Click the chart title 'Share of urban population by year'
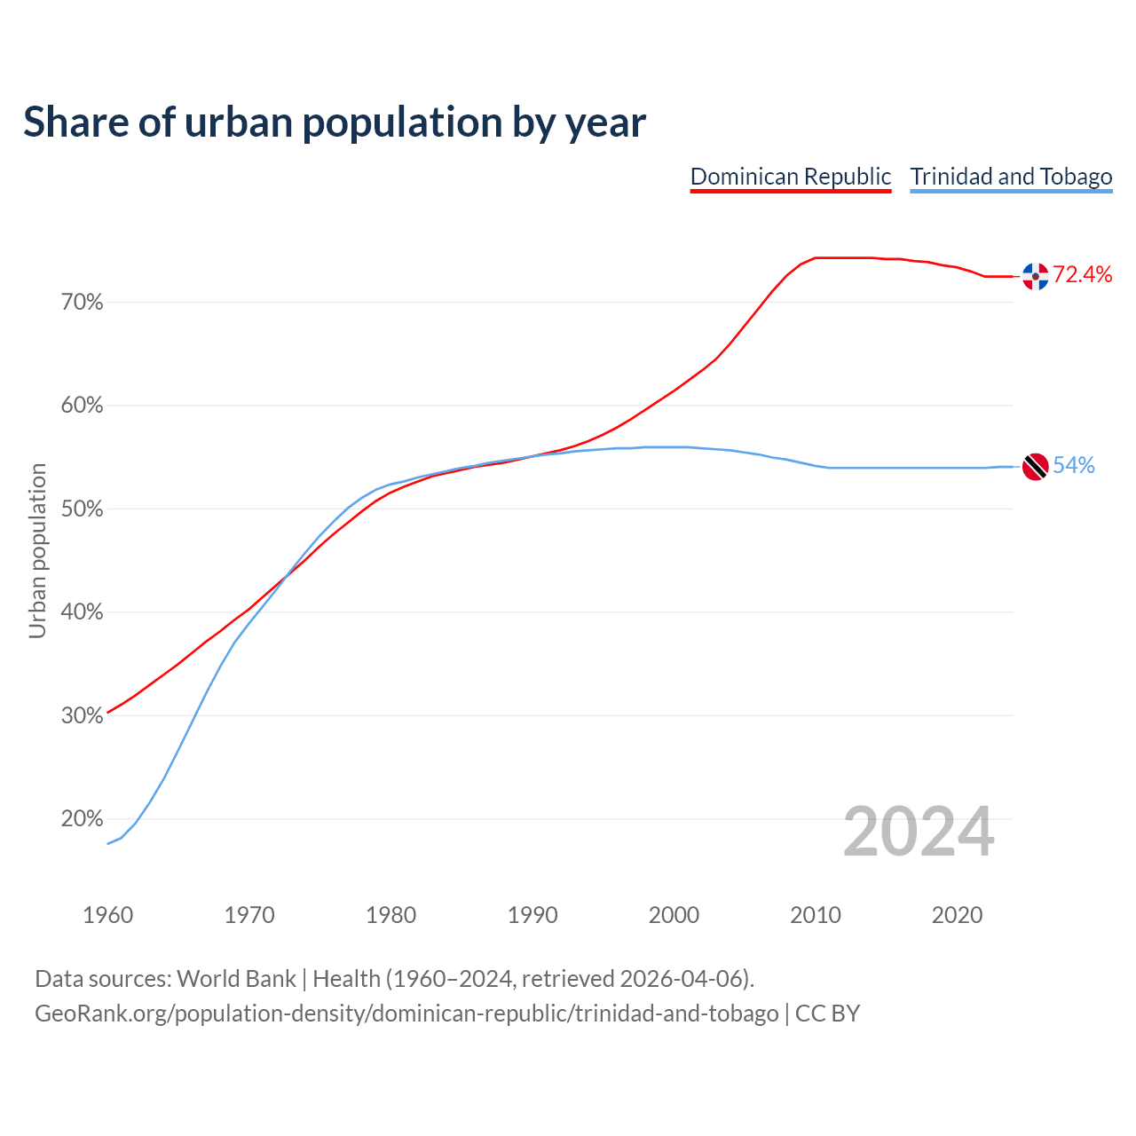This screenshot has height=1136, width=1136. pos(335,122)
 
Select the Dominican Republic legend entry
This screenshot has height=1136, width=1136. pos(790,177)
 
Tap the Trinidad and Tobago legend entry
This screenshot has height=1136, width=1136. pos(1011,177)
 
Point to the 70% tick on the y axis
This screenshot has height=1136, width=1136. pos(83,303)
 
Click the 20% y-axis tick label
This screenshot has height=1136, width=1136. pos(83,819)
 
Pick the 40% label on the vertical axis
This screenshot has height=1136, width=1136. pos(83,612)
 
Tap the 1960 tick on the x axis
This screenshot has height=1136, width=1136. pos(107,915)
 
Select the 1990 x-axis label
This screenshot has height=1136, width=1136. pos(532,915)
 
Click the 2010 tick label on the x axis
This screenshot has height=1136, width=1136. pos(816,915)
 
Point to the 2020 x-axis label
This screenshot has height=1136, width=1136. pos(957,915)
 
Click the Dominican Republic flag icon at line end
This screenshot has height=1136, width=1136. pos(1035,276)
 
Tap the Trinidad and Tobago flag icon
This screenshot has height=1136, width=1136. pos(1035,466)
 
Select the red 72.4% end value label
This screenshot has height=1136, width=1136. pos(1082,275)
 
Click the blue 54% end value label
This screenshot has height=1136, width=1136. pos(1074,466)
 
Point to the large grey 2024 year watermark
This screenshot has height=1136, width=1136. pos(919,832)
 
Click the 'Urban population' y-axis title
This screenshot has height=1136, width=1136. pos(37,550)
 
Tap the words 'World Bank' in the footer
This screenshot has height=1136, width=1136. pos(236,979)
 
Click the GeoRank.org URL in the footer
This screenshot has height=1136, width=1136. pos(406,1014)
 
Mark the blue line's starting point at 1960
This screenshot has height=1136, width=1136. pos(107,843)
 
